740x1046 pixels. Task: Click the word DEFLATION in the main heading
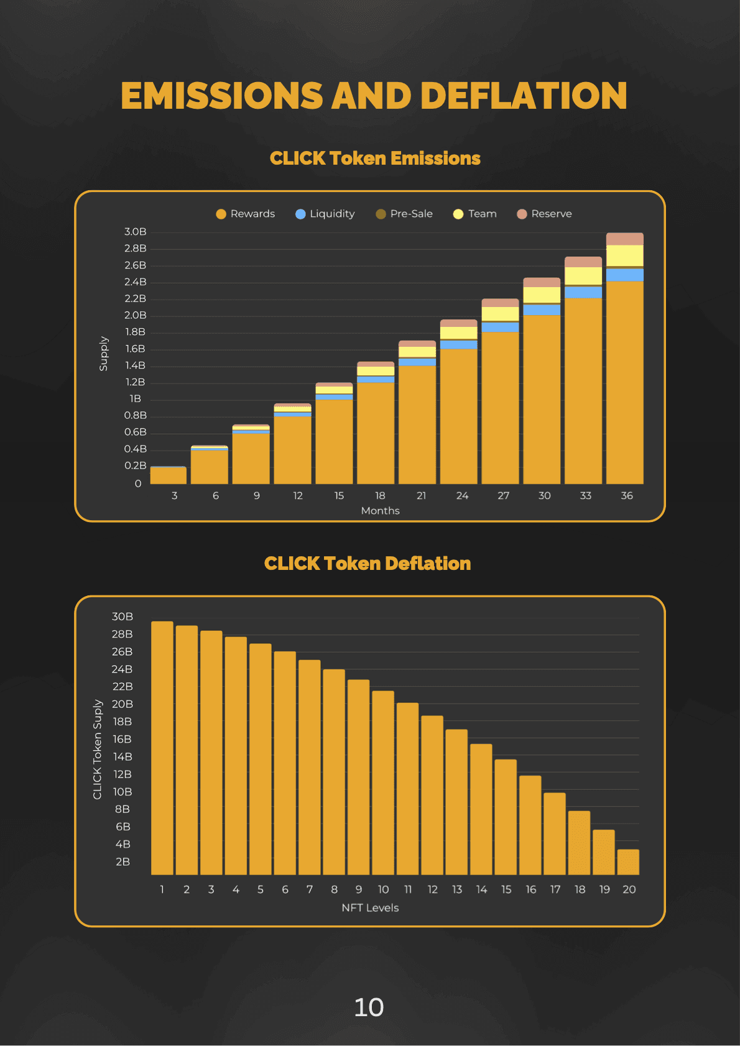pyautogui.click(x=524, y=96)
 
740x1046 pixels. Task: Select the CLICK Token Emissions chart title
pyautogui.click(x=375, y=158)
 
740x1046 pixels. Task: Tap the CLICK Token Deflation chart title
pyautogui.click(x=368, y=564)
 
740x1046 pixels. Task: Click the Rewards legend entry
pyautogui.click(x=246, y=214)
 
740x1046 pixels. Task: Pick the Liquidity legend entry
pyautogui.click(x=325, y=214)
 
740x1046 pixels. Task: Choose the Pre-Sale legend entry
pyautogui.click(x=404, y=214)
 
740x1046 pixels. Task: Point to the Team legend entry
pyautogui.click(x=475, y=214)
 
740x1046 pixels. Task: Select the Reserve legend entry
pyautogui.click(x=545, y=214)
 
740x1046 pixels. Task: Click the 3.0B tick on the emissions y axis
pyautogui.click(x=135, y=232)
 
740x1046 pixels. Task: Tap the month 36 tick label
pyautogui.click(x=627, y=495)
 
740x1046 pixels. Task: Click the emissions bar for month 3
pyautogui.click(x=169, y=475)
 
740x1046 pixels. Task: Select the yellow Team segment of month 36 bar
pyautogui.click(x=625, y=255)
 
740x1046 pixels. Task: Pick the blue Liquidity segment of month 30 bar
pyautogui.click(x=542, y=310)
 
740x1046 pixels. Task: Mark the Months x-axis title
pyautogui.click(x=380, y=511)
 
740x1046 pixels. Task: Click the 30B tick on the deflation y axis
pyautogui.click(x=123, y=617)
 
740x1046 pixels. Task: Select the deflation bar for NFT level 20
pyautogui.click(x=628, y=862)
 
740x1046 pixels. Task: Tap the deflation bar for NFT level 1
pyautogui.click(x=162, y=746)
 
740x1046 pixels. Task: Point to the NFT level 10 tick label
pyautogui.click(x=383, y=889)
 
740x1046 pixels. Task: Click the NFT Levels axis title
pyautogui.click(x=370, y=908)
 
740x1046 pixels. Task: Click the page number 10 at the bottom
pyautogui.click(x=369, y=1007)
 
